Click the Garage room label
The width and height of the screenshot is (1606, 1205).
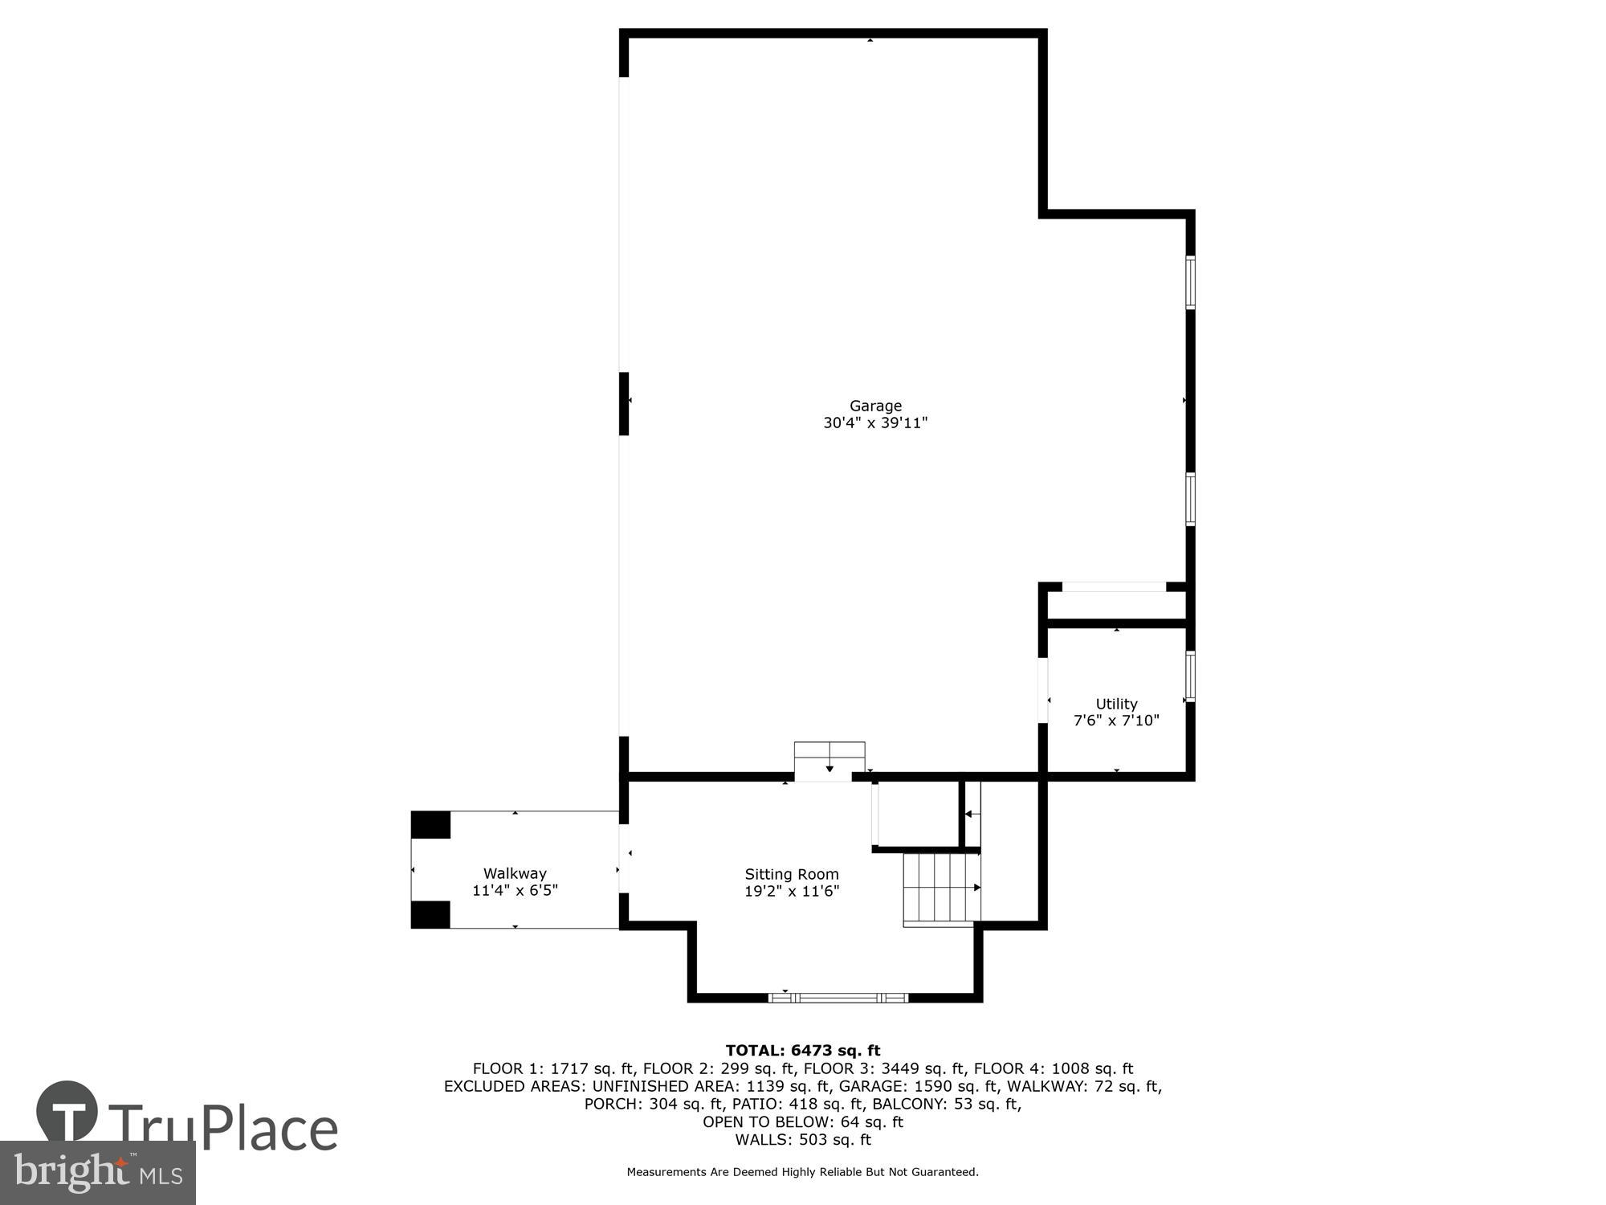(x=875, y=406)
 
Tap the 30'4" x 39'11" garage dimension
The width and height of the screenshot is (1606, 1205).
(x=875, y=423)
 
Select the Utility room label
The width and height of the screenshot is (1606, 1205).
(x=1116, y=704)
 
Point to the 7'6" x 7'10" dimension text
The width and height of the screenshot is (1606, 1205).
(x=1116, y=721)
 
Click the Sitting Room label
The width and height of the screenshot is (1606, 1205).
(x=791, y=874)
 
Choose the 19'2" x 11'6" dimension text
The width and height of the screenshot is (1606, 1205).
(x=791, y=891)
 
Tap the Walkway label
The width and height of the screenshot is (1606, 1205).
(x=515, y=873)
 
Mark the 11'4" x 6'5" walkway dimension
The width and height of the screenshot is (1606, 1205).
(x=515, y=890)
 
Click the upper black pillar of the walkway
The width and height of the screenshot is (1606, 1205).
(x=430, y=825)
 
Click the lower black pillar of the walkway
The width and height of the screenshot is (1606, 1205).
(x=430, y=914)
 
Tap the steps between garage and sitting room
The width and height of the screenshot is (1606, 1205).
(x=829, y=760)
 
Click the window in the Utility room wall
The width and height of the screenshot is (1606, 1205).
(x=1190, y=676)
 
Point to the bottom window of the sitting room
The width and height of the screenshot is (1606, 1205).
(x=838, y=998)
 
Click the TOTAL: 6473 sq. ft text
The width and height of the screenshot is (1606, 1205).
(x=802, y=1051)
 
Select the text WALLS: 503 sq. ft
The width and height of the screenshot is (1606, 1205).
(x=802, y=1139)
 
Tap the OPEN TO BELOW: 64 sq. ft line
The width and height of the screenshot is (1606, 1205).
(x=802, y=1121)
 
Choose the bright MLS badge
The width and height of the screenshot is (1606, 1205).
(x=98, y=1173)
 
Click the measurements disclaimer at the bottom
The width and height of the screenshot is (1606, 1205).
(x=802, y=1172)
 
